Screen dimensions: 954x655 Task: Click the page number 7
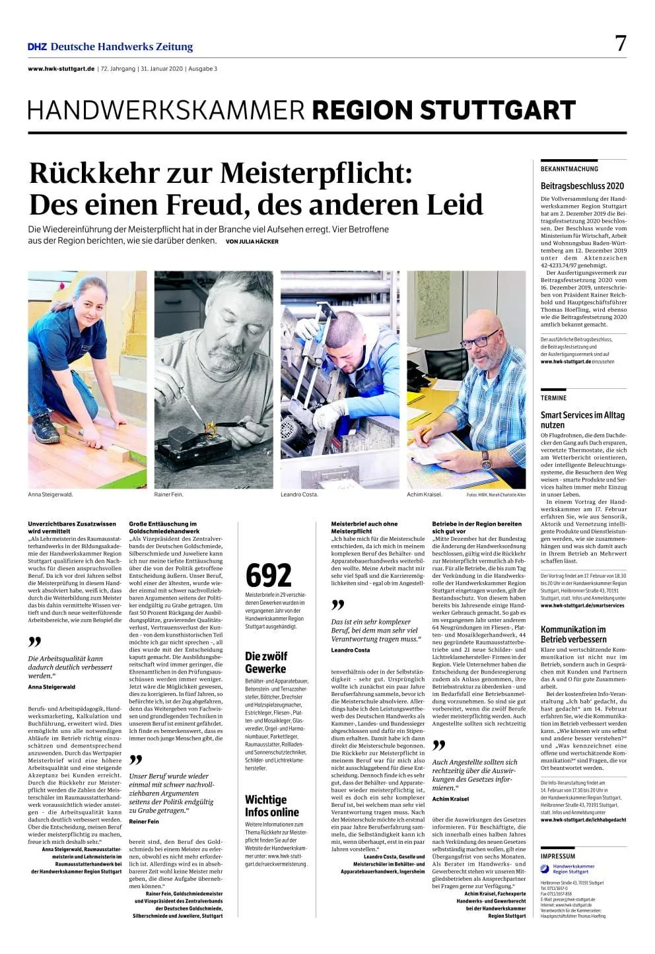point(620,44)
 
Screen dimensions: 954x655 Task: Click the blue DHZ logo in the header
point(37,47)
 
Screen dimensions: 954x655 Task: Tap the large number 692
point(268,575)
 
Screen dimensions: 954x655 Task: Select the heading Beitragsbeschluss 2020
point(582,186)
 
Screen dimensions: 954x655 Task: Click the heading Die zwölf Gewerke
point(265,662)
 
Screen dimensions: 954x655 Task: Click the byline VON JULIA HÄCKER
point(252,242)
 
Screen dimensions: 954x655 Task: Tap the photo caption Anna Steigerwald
point(50,494)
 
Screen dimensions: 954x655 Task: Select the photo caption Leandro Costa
point(299,494)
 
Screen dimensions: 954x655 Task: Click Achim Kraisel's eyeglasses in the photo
point(480,341)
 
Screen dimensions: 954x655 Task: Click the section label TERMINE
point(553,398)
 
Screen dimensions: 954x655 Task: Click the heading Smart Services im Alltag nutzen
point(582,420)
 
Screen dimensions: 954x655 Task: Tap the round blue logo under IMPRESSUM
point(545,869)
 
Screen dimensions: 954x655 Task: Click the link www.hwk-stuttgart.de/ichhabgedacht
point(583,820)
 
